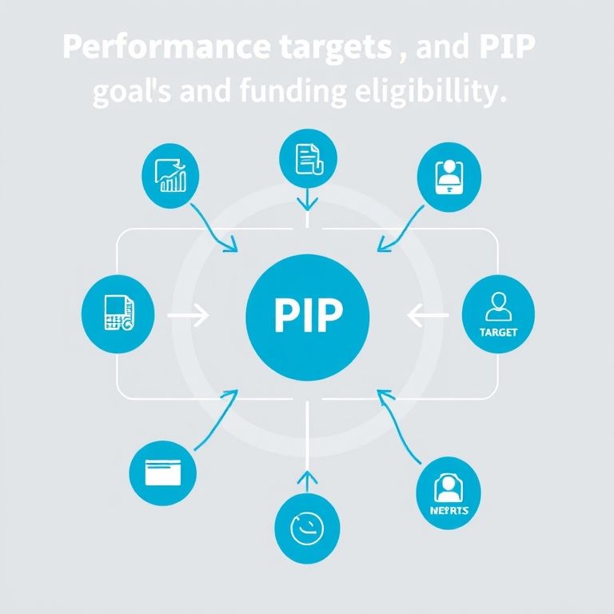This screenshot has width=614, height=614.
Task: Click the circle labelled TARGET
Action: coord(499,313)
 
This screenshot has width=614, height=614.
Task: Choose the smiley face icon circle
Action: coord(307,528)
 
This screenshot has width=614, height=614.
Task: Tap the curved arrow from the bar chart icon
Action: coord(214,228)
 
